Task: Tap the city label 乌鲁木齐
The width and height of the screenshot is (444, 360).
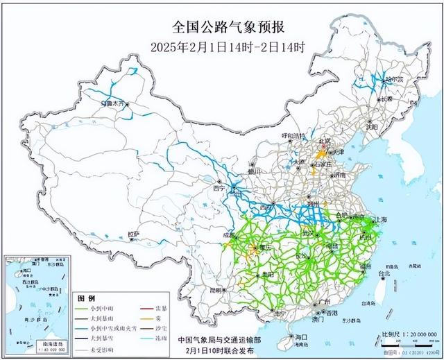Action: point(113,103)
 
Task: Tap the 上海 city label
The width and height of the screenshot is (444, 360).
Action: point(379,220)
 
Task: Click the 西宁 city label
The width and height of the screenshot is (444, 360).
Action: point(220,188)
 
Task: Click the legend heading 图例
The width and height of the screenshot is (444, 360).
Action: point(84,296)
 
